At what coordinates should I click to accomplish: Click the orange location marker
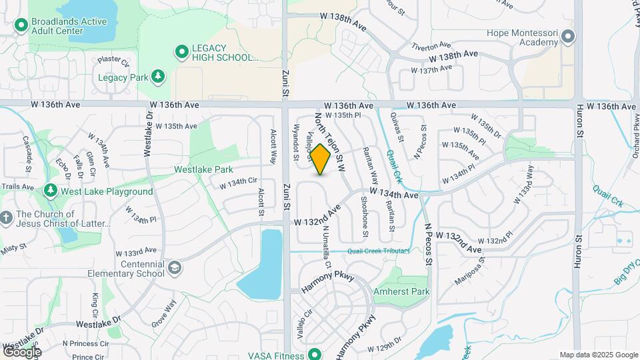pyautogui.click(x=321, y=159)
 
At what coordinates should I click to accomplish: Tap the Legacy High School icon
pyautogui.click(x=181, y=51)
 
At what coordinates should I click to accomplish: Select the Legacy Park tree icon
pyautogui.click(x=158, y=77)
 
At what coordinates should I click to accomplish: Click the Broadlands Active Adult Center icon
pyautogui.click(x=21, y=25)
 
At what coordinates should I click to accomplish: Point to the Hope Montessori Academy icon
pyautogui.click(x=568, y=37)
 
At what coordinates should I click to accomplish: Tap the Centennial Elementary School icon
pyautogui.click(x=174, y=268)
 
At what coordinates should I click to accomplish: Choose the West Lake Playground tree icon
pyautogui.click(x=51, y=191)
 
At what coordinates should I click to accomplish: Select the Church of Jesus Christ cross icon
pyautogui.click(x=6, y=218)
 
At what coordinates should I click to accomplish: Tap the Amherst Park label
pyautogui.click(x=402, y=291)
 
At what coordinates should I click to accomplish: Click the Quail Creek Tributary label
pyautogui.click(x=377, y=251)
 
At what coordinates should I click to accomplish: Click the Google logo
pyautogui.click(x=22, y=351)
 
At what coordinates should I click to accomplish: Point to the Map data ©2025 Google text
pyautogui.click(x=599, y=355)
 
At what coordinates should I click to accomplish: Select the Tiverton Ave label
pyautogui.click(x=431, y=45)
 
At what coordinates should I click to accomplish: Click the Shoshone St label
pyautogui.click(x=365, y=217)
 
